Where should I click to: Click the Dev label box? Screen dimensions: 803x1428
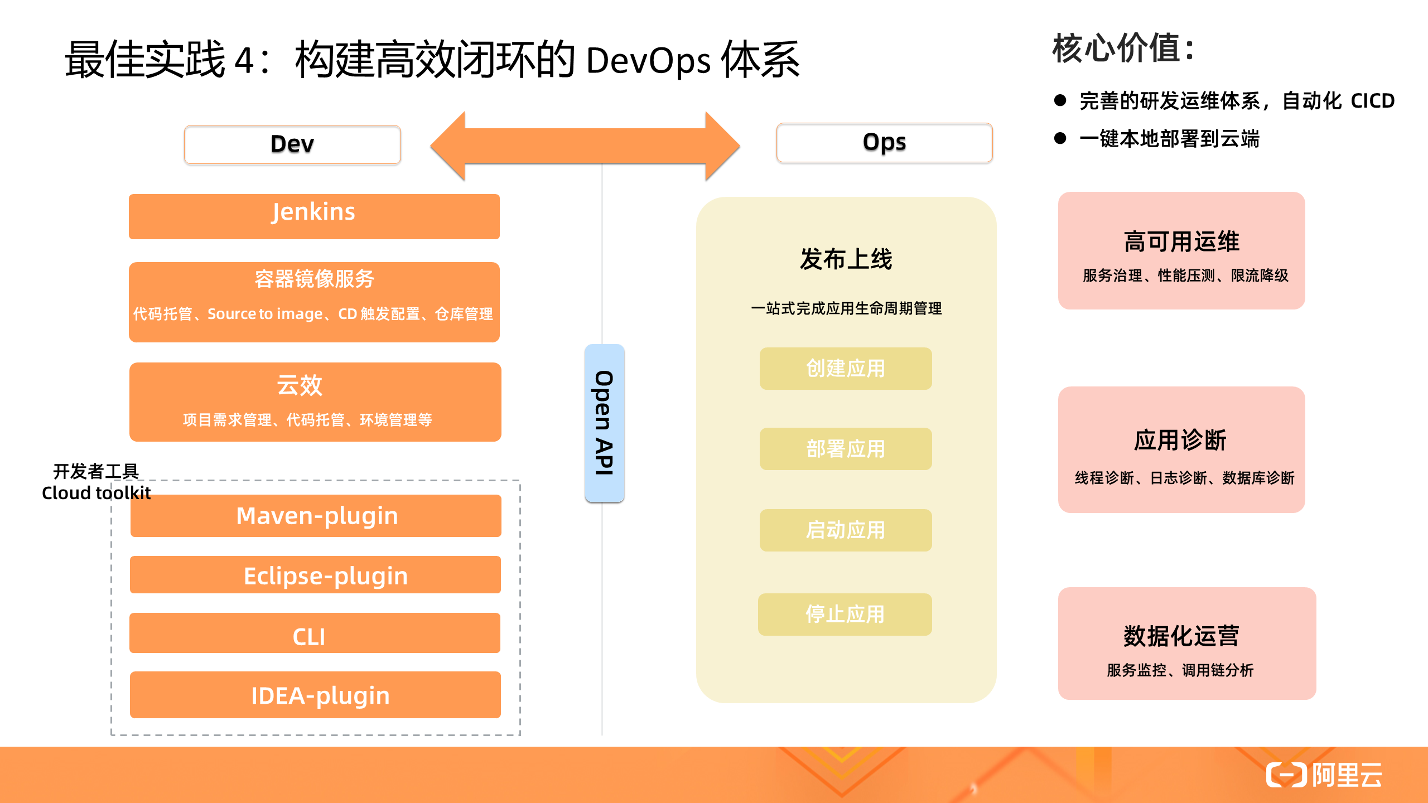coord(292,144)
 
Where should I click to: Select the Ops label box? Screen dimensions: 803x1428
coord(884,143)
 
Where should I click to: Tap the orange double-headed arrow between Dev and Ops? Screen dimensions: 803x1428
coord(585,146)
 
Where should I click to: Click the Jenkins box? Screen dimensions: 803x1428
coord(314,216)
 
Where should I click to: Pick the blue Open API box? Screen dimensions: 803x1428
coord(604,423)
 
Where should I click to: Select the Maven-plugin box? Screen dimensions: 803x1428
coord(316,516)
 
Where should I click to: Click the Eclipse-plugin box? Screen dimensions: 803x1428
coord(316,575)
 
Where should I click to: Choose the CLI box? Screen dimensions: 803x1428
coord(315,633)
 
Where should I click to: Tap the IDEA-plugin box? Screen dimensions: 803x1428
coord(316,695)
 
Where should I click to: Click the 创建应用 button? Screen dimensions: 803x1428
coord(845,369)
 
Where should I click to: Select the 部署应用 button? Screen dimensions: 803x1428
coord(845,449)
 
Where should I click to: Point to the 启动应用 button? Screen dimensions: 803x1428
coord(845,530)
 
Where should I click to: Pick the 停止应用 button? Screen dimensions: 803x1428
coord(845,615)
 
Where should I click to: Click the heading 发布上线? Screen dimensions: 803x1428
coord(846,259)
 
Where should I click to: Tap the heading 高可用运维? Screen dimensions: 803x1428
coord(1181,242)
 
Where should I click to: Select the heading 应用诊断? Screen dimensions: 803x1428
coord(1180,440)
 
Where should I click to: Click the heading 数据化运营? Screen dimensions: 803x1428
coord(1181,636)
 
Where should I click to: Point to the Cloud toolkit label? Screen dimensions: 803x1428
coord(96,493)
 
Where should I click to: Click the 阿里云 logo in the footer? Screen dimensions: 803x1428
coord(1324,775)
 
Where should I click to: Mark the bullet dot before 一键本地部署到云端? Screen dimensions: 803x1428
coord(1060,138)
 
